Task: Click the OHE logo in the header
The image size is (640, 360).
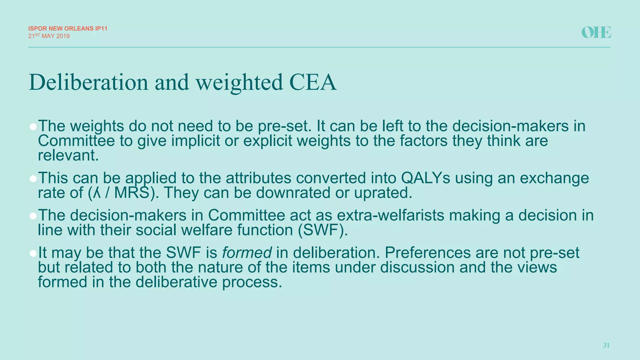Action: (x=596, y=32)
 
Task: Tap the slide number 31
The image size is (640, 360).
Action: (x=606, y=345)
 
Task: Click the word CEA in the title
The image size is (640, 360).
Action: (x=313, y=82)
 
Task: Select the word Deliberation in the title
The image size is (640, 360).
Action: (x=88, y=82)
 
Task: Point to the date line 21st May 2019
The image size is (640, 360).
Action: (x=49, y=36)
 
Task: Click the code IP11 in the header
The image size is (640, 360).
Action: (x=101, y=28)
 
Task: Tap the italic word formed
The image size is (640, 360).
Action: (x=247, y=252)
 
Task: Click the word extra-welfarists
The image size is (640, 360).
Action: (x=391, y=215)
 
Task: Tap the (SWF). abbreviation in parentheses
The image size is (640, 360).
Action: (x=322, y=230)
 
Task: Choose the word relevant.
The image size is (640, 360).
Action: (x=68, y=156)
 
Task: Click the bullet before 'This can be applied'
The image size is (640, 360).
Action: (x=33, y=179)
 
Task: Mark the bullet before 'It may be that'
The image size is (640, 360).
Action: (x=33, y=253)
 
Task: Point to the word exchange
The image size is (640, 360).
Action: (x=554, y=178)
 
